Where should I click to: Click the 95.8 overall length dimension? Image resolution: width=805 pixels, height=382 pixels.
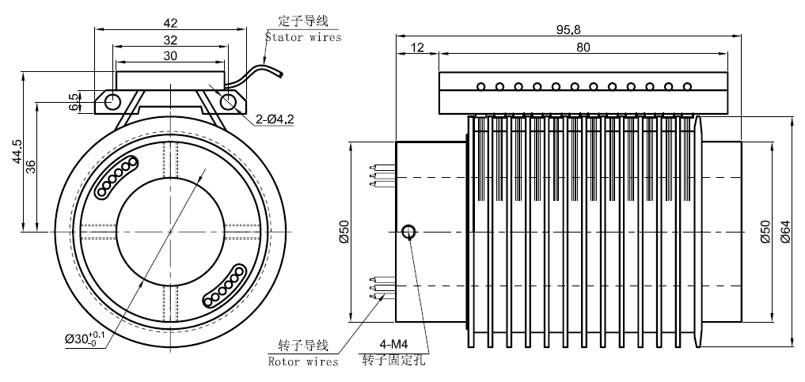tap(568, 29)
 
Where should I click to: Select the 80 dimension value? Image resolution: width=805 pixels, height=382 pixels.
tap(583, 47)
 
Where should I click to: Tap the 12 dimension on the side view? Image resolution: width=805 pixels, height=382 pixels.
tap(418, 47)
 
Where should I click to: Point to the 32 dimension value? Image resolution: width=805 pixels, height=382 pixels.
tap(171, 39)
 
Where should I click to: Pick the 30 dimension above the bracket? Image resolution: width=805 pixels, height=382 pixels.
tap(171, 55)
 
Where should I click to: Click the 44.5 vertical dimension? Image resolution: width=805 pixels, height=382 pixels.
tap(17, 150)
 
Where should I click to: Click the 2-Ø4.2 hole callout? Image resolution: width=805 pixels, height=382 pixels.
tap(275, 119)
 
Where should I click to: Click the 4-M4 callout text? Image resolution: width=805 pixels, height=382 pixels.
tap(393, 345)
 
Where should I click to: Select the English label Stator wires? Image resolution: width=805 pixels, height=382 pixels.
tap(303, 36)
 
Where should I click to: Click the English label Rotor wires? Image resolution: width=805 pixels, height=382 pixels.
tap(302, 361)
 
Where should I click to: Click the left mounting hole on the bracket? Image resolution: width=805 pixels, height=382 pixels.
tap(112, 101)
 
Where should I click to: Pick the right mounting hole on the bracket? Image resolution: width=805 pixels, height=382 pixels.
tap(229, 101)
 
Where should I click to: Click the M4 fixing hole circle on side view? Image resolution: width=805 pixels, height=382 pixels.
tap(408, 232)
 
